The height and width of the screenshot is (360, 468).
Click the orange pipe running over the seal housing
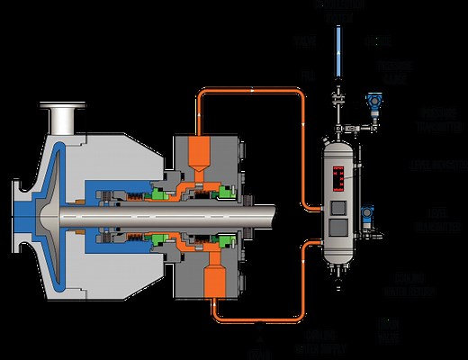252,91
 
